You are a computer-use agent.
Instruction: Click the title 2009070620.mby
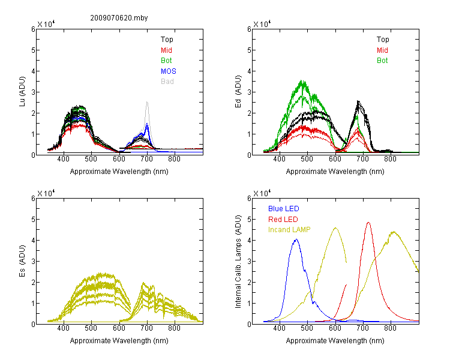[119, 18]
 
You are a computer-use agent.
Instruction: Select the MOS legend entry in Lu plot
[169, 71]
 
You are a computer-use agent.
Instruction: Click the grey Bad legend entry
[167, 82]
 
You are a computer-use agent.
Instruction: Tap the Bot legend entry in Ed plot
[382, 61]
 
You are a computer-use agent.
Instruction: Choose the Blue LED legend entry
[284, 209]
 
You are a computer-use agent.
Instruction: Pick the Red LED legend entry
[283, 220]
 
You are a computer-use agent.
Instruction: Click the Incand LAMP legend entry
[289, 230]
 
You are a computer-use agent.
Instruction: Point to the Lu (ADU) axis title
[22, 92]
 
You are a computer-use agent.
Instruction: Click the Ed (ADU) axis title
[238, 92]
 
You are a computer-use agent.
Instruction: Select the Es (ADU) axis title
[22, 261]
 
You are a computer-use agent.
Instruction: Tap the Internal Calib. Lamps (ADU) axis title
[238, 262]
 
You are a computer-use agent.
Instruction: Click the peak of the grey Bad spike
[147, 102]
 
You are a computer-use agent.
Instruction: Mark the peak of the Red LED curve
[368, 222]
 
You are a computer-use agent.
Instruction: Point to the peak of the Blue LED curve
[296, 239]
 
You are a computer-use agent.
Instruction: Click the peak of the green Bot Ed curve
[302, 80]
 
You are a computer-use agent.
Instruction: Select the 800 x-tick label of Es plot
[174, 328]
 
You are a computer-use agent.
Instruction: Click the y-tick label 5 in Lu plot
[33, 50]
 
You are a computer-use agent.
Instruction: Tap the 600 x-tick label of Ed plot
[335, 159]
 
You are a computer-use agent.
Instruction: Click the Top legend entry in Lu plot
[167, 40]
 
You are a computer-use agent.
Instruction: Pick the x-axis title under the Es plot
[119, 341]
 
